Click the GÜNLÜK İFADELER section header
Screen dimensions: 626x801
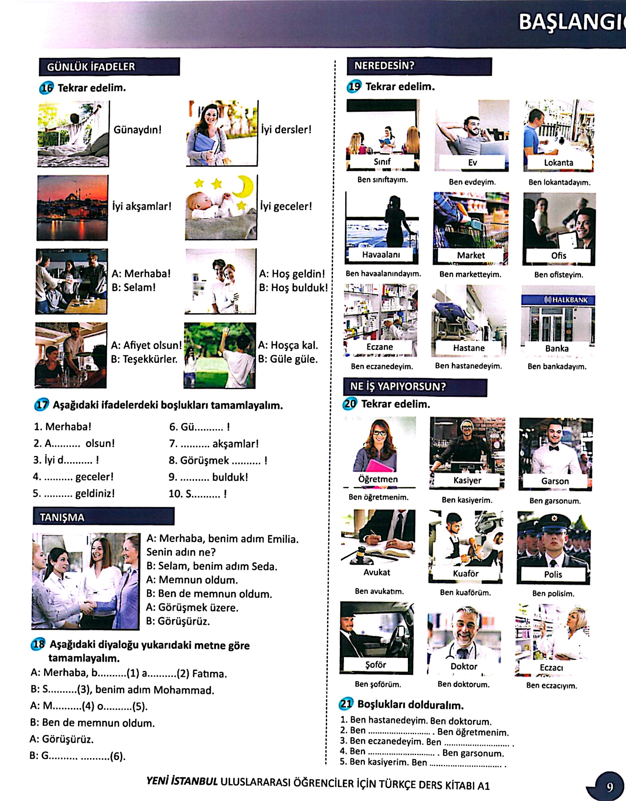[x=109, y=66]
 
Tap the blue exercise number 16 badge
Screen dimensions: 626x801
[x=46, y=88]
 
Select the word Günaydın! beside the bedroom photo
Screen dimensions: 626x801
[x=137, y=130]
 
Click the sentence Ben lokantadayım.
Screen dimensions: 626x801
[x=559, y=182]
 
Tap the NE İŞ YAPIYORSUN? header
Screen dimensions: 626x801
[x=414, y=387]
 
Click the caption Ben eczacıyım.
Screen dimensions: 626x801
[x=552, y=685]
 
